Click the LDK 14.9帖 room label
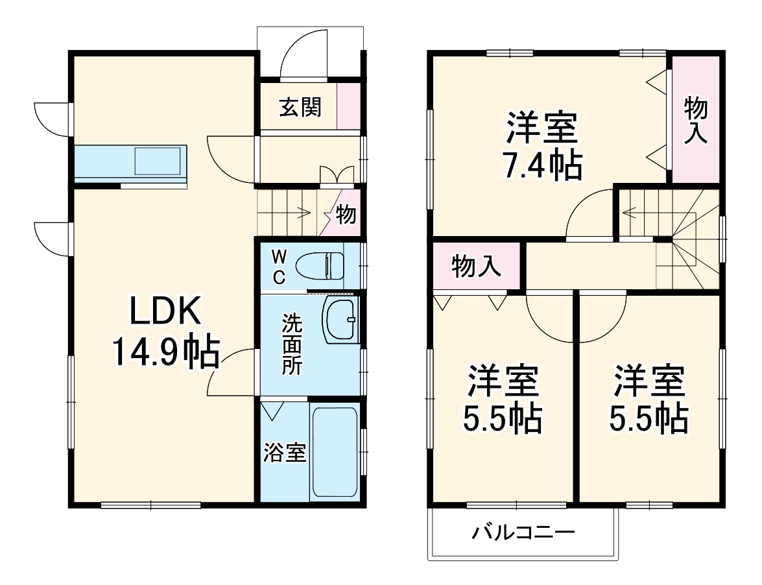[165, 333]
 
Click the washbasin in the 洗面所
[340, 320]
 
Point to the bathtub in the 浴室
[334, 451]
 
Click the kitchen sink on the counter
[158, 161]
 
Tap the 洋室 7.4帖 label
[542, 147]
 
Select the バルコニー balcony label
[523, 533]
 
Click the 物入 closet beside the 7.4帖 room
[696, 120]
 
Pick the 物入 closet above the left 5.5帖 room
[477, 266]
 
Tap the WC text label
[278, 266]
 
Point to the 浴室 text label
[284, 452]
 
